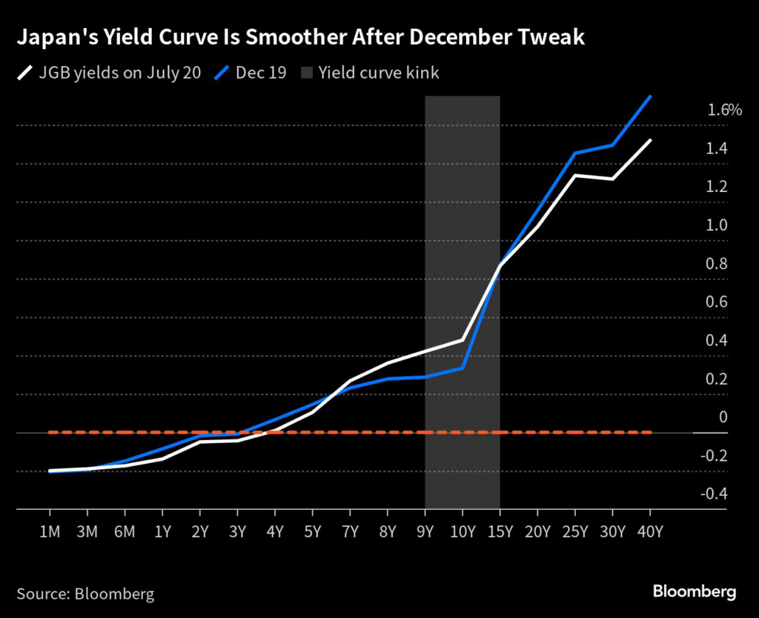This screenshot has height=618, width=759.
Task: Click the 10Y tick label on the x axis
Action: [x=463, y=531]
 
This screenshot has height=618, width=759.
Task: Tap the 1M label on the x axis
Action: [x=50, y=531]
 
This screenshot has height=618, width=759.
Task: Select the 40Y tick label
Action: [x=650, y=531]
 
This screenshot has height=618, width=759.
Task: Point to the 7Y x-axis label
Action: [x=350, y=531]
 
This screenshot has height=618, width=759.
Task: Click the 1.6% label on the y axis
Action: [x=724, y=110]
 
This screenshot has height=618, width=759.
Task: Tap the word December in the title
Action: [x=466, y=38]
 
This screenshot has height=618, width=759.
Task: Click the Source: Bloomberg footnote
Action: [x=85, y=594]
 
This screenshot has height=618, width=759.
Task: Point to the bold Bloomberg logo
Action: [x=694, y=591]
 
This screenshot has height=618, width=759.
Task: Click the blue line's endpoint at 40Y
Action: [x=650, y=96]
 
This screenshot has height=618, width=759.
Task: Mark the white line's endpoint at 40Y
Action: [x=650, y=140]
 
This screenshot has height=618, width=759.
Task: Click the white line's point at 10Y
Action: [x=463, y=340]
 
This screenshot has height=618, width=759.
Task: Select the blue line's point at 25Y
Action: [x=575, y=153]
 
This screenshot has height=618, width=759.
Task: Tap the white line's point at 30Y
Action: [x=612, y=179]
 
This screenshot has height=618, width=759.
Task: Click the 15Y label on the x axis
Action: [x=500, y=531]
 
